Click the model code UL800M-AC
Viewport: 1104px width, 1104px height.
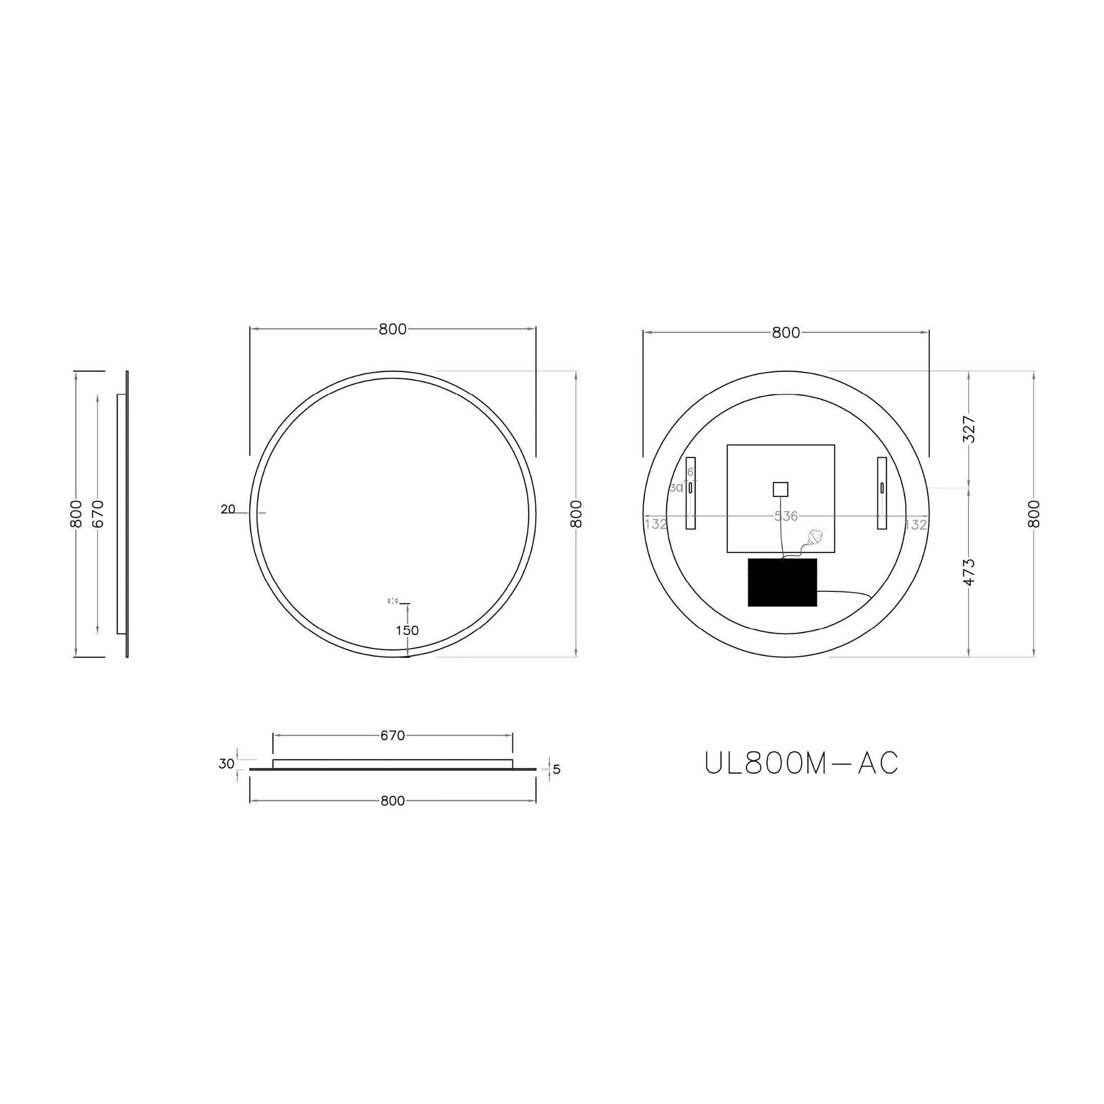point(802,763)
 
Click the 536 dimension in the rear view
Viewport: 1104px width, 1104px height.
point(786,516)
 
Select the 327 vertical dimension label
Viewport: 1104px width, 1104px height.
point(970,429)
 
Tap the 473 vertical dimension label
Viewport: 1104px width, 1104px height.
point(970,572)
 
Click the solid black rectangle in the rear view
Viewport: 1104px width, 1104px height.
point(782,582)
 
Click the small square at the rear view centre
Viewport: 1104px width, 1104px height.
point(780,489)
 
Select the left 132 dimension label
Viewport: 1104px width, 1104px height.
point(655,523)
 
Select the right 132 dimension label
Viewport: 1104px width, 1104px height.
point(915,524)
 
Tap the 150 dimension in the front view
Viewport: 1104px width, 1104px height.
point(408,630)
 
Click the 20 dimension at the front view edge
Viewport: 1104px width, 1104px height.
point(228,509)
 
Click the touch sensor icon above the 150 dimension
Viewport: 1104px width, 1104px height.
point(393,601)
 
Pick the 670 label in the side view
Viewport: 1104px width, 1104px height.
point(98,513)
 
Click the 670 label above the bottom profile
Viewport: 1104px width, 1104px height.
point(392,736)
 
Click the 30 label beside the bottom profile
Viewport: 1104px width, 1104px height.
point(226,763)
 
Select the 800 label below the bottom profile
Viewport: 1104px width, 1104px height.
point(392,801)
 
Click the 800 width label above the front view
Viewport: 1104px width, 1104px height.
point(392,329)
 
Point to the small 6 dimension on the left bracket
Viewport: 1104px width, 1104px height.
point(691,472)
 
